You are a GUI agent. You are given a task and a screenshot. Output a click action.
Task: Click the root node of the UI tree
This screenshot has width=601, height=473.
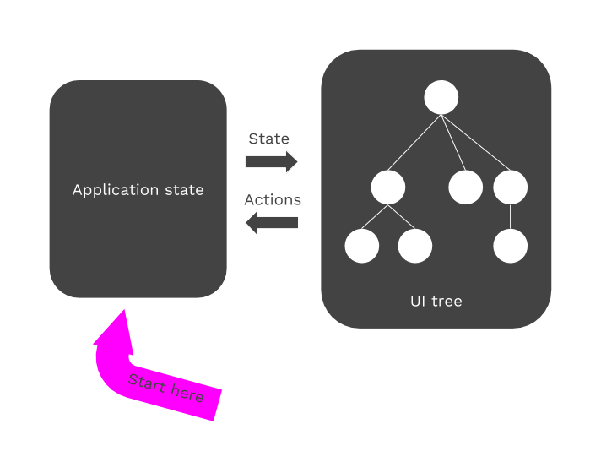click(441, 97)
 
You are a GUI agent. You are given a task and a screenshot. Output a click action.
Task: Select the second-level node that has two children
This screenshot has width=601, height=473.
click(388, 188)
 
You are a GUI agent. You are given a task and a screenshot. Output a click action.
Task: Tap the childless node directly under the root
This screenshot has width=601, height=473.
click(465, 188)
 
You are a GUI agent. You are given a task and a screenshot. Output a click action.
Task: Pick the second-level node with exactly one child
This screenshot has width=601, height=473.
click(511, 188)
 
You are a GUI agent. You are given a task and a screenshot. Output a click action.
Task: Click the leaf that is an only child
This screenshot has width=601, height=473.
click(511, 247)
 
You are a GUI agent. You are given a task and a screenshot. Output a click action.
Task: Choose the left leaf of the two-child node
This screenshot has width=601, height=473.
click(362, 247)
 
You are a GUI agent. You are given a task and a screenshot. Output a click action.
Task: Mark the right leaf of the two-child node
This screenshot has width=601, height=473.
click(415, 247)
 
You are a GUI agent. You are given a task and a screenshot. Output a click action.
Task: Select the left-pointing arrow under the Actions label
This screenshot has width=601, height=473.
click(272, 223)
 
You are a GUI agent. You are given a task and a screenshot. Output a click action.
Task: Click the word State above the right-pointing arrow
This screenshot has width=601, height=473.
click(269, 139)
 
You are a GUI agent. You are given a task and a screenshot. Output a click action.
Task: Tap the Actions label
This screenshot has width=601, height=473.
click(273, 200)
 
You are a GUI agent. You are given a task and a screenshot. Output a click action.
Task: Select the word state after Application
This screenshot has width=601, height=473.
click(182, 190)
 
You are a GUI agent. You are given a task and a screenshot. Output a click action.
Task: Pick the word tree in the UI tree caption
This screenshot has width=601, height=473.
click(447, 301)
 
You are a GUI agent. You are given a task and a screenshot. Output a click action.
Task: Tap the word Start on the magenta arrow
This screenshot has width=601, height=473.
click(146, 383)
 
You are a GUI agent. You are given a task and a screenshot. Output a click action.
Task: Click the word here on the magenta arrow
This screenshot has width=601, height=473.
click(186, 393)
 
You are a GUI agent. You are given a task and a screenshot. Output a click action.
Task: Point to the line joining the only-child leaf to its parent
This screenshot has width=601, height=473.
click(511, 217)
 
